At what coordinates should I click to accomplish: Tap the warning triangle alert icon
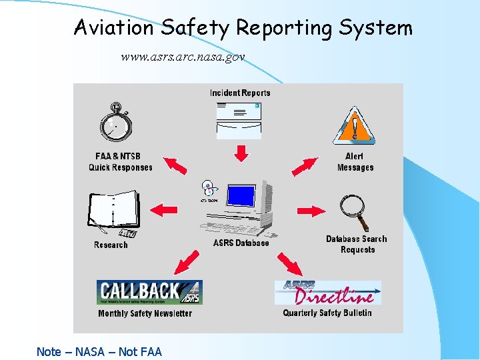355,125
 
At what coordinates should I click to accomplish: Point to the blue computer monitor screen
241,196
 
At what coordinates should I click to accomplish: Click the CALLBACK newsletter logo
149,292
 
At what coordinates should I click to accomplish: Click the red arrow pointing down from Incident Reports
241,153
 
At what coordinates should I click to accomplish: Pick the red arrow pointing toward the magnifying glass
311,211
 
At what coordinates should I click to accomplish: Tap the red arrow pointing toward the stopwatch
175,165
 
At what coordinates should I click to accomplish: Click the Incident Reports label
240,93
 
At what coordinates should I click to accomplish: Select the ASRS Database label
241,243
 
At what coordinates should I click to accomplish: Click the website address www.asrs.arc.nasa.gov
183,57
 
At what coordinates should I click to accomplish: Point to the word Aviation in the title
114,27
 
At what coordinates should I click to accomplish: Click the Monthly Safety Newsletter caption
145,313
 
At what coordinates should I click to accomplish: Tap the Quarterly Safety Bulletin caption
327,313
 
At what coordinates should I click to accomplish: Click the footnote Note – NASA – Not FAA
99,351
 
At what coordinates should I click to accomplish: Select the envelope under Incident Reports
240,120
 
